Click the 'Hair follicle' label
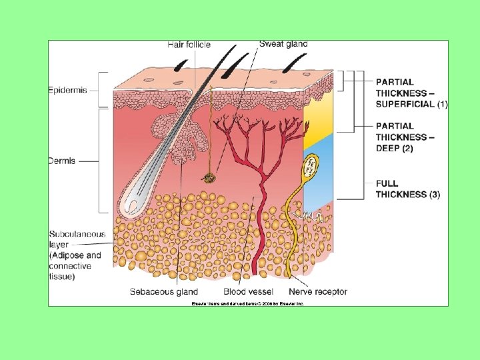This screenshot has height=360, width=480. [x=189, y=45]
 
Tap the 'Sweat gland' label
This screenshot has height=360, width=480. [x=283, y=44]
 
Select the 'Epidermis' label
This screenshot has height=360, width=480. [x=68, y=90]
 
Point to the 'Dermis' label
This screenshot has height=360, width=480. [x=62, y=161]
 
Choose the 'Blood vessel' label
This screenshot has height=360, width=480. [x=248, y=291]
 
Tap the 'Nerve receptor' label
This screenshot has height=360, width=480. [x=318, y=291]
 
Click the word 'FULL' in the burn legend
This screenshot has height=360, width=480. [x=387, y=183]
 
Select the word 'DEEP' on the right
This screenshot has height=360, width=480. [x=389, y=148]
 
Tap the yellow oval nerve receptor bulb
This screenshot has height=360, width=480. [x=311, y=167]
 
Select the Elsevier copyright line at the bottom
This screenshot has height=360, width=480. [x=247, y=303]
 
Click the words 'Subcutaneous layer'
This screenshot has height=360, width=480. [x=77, y=239]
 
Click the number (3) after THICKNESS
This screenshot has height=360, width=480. [x=435, y=195]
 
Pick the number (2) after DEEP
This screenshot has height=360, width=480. [x=407, y=148]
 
